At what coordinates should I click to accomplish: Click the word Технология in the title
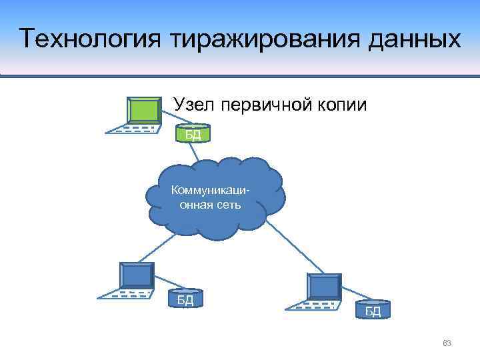91,38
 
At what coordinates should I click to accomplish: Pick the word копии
342,104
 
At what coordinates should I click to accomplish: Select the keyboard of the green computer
133,128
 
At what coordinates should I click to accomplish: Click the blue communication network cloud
217,197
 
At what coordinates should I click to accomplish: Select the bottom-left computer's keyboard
123,293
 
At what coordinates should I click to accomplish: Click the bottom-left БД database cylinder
185,299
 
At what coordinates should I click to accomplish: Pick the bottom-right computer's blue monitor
324,286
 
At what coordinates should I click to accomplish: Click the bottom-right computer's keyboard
311,305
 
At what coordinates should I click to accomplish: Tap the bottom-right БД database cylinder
373,311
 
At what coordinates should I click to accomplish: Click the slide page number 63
447,343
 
